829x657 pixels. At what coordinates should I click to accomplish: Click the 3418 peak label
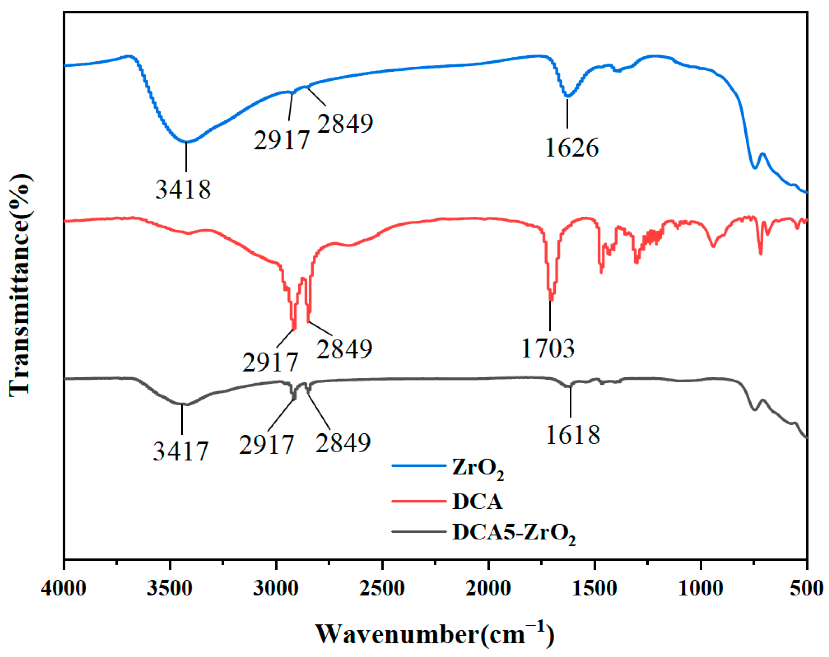coord(183,189)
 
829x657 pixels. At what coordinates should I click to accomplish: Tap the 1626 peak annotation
coord(572,148)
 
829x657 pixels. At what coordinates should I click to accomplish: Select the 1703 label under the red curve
coord(548,349)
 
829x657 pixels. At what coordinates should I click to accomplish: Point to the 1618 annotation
coord(572,435)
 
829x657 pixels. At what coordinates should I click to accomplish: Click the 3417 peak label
coord(180,451)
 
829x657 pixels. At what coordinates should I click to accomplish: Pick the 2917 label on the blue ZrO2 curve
coord(281,140)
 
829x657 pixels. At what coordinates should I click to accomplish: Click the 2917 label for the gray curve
coord(266,445)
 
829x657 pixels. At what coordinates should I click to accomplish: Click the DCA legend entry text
coord(477,502)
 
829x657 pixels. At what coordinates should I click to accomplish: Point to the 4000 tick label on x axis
coord(63,589)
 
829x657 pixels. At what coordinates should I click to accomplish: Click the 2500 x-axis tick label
coord(382,589)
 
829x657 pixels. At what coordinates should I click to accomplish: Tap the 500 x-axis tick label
coord(807,589)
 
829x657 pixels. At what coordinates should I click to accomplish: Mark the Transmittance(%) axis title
coord(20,285)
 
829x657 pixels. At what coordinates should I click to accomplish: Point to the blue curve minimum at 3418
coord(186,141)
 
